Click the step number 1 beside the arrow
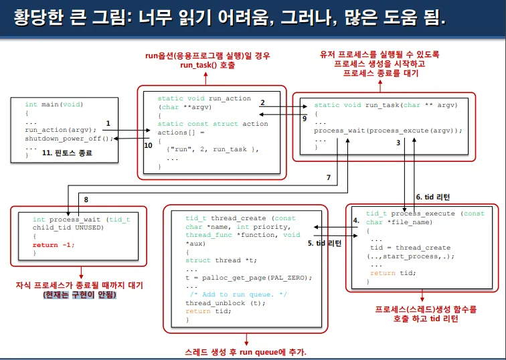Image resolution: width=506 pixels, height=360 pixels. click(x=108, y=123)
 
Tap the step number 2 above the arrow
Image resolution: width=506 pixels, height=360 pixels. click(x=262, y=102)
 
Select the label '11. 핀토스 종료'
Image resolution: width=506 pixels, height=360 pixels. click(x=67, y=153)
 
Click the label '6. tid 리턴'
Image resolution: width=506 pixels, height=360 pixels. click(x=433, y=197)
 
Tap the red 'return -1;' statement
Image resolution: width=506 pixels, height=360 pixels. click(x=53, y=245)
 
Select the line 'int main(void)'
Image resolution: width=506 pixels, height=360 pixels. click(x=54, y=104)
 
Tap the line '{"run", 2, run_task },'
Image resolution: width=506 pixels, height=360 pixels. click(x=212, y=149)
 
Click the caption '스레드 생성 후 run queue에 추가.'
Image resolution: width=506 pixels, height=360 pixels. click(x=245, y=352)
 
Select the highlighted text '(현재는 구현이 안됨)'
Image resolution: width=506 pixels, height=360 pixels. click(x=79, y=294)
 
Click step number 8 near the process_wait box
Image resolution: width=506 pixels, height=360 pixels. click(x=86, y=199)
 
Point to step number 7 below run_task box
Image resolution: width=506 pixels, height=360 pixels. click(x=328, y=177)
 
